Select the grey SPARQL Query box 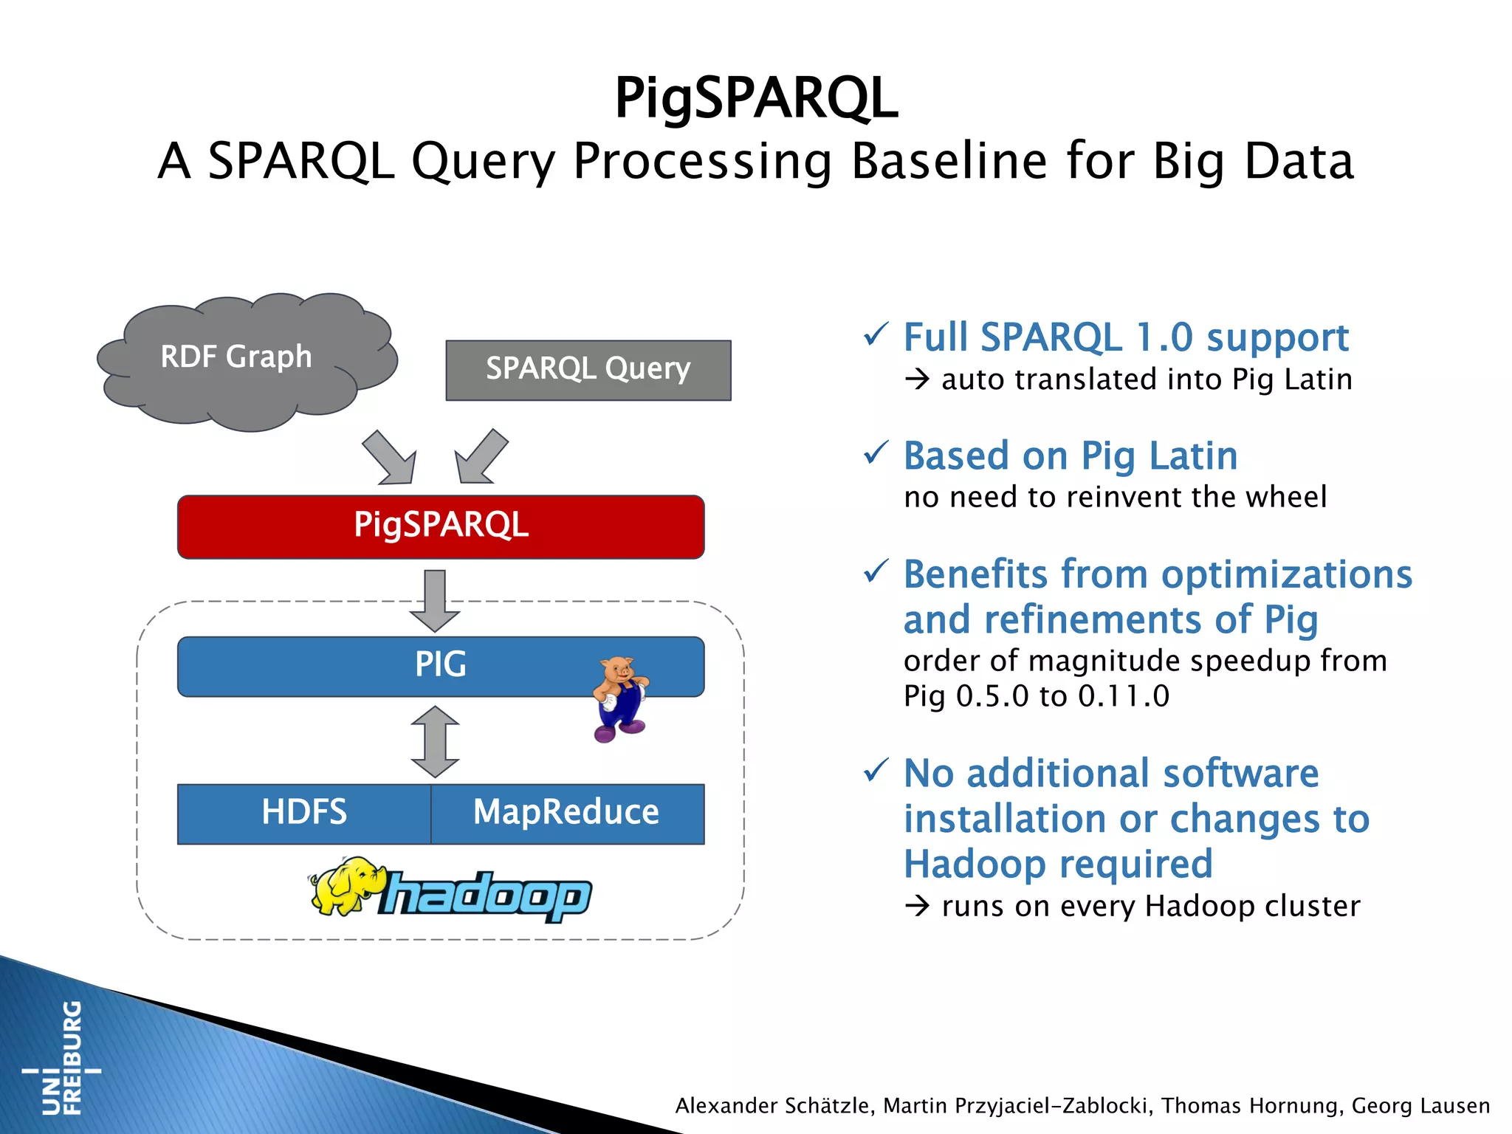point(588,370)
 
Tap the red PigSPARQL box point(441,526)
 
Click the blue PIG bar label point(441,664)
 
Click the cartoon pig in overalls point(619,698)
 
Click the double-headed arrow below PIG point(435,741)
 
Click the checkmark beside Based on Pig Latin point(876,453)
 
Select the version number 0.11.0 point(1123,696)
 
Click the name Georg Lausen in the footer point(1420,1106)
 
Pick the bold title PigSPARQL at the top point(756,97)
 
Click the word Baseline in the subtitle point(949,161)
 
